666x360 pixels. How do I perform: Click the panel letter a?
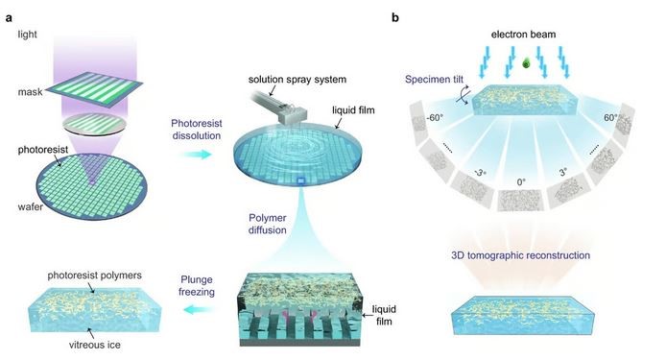(9, 18)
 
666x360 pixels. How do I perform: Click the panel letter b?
(395, 17)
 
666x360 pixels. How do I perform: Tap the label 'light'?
(27, 35)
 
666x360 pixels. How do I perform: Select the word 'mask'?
(30, 92)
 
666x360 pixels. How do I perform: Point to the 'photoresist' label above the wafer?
(43, 150)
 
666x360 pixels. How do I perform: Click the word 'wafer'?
(30, 207)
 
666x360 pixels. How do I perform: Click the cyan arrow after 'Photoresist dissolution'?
(196, 154)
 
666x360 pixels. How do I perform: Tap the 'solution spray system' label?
(297, 79)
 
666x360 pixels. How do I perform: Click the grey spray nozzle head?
(293, 115)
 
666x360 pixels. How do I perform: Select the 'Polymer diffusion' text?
(268, 224)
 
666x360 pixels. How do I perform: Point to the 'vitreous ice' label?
(95, 345)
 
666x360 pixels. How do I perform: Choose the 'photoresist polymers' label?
(95, 276)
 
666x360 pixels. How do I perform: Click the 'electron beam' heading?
(523, 35)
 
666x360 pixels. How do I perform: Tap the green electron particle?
(527, 63)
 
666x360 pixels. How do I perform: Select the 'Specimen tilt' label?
(434, 80)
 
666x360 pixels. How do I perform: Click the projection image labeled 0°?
(520, 201)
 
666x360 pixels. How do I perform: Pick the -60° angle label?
(435, 118)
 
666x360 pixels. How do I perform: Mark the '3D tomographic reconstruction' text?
(521, 255)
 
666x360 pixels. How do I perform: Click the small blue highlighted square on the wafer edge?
(301, 181)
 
